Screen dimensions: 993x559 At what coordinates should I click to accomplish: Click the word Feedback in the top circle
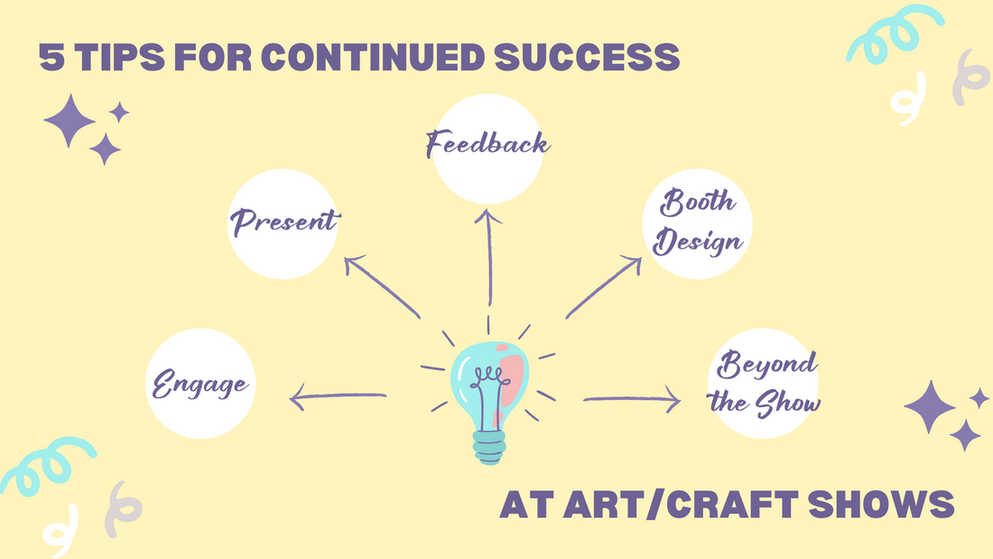tap(487, 144)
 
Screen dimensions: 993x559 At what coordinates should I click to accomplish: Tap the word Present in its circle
tap(284, 221)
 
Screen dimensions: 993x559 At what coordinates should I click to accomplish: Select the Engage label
tap(200, 384)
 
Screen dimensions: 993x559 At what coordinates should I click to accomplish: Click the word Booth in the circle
tap(697, 201)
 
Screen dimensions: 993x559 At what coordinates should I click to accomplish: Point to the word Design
tap(697, 242)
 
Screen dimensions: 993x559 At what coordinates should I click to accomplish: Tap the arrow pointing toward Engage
tap(338, 396)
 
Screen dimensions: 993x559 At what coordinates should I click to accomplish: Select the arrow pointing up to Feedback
tap(488, 257)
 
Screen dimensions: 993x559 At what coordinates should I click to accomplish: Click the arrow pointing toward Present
tap(382, 286)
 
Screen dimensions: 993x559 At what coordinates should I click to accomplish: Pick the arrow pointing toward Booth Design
tap(604, 286)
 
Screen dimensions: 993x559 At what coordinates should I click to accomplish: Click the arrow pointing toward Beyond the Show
tap(632, 399)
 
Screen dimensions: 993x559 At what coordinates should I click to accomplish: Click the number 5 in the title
tap(52, 57)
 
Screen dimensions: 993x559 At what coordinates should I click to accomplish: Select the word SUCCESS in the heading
tap(587, 57)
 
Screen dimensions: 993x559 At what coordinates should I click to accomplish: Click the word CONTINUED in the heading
tap(373, 57)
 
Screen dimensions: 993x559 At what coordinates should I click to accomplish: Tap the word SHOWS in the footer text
tap(881, 505)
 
